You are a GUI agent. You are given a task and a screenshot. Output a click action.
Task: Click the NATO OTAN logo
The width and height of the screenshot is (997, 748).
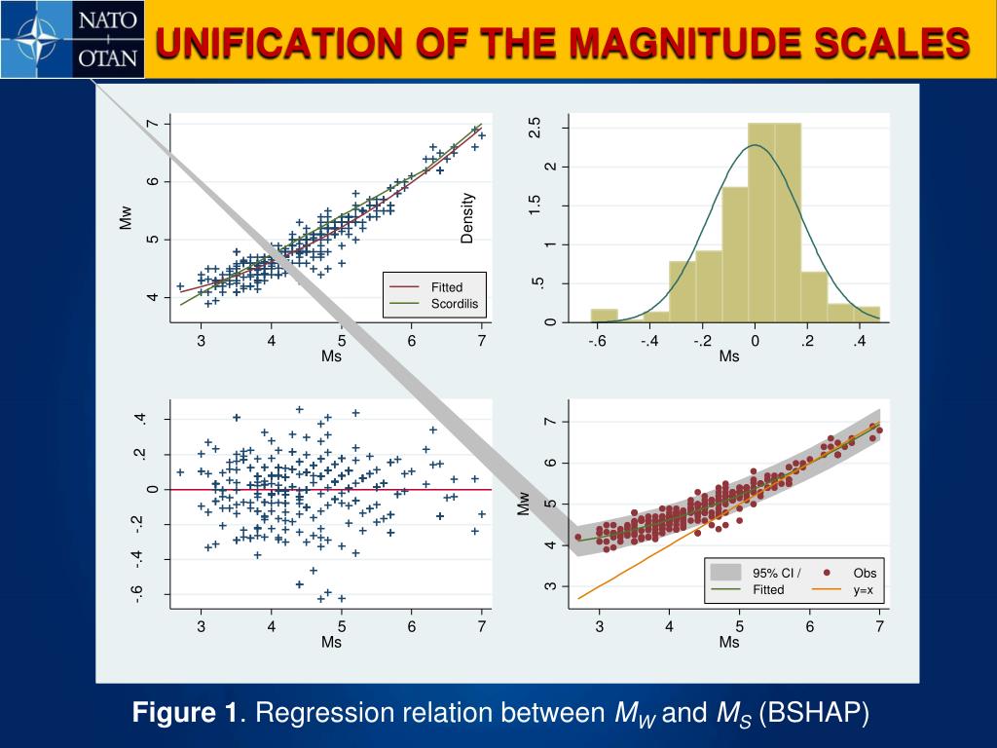(x=73, y=39)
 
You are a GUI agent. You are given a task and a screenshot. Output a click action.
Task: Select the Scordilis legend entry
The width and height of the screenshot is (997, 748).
(x=455, y=305)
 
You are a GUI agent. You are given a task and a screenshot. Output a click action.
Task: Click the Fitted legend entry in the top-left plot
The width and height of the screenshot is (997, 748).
(x=447, y=287)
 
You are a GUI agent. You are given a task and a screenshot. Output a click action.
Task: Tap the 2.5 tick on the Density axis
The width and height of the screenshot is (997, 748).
(x=535, y=128)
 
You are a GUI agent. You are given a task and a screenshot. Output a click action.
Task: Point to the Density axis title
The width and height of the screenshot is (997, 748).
(x=468, y=217)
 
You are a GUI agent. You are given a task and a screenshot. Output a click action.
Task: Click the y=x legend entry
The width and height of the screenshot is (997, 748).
(x=863, y=590)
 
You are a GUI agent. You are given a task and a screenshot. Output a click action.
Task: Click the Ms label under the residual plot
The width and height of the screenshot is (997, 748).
(x=332, y=643)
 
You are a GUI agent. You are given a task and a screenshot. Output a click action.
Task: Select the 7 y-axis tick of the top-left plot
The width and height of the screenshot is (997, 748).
(x=152, y=124)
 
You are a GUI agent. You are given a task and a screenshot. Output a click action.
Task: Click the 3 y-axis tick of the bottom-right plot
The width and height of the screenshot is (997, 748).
(x=550, y=585)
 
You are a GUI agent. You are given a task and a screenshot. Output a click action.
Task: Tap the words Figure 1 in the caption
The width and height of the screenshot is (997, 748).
(x=185, y=714)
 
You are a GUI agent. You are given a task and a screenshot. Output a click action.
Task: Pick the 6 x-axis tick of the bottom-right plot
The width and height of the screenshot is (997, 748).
(x=809, y=627)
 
